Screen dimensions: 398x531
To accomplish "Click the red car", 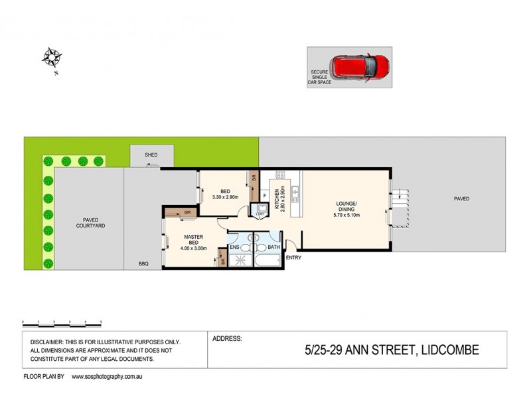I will pos(362,66).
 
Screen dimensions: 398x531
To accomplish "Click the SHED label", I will pos(152,155).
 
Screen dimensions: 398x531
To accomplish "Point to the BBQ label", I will pos(143,264).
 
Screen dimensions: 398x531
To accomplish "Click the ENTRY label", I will pos(293,257).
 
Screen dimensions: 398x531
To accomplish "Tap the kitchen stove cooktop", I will pos(280,177).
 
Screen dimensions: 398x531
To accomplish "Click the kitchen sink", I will pos(295,194).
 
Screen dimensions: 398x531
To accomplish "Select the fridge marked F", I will pos(265,195).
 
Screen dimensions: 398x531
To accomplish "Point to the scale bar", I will pos(62,322).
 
